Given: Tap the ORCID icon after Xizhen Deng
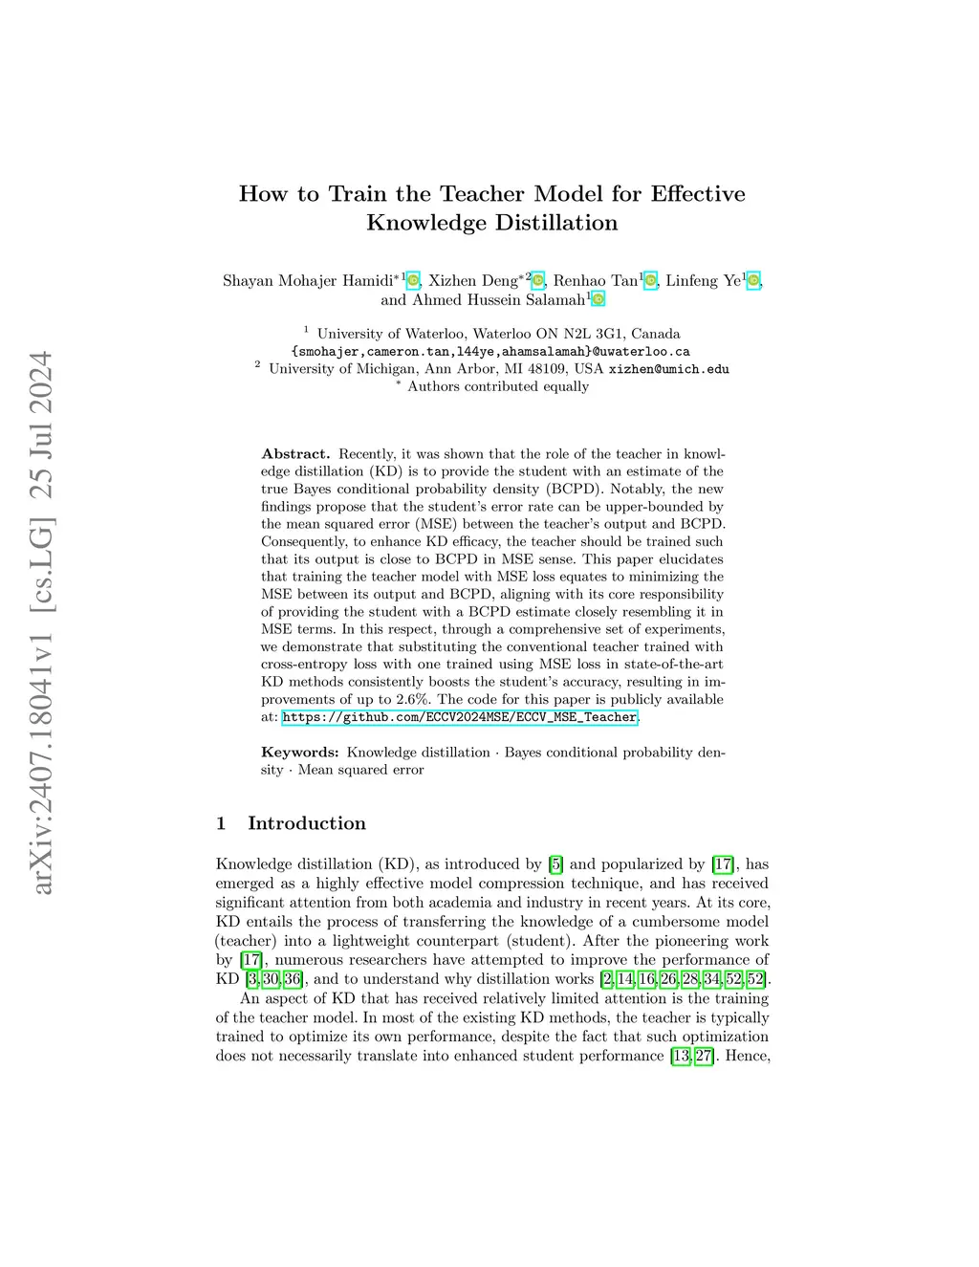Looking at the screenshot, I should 538,281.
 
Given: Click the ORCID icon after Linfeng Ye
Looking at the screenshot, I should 753,281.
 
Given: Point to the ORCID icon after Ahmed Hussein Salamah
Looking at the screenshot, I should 598,300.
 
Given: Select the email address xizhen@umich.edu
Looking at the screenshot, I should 668,369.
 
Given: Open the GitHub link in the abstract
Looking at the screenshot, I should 460,717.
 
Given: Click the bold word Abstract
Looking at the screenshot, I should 295,454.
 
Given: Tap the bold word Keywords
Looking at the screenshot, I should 299,753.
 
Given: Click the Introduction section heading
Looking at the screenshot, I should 306,823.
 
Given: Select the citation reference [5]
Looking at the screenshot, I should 555,864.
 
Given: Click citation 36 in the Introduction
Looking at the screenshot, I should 293,979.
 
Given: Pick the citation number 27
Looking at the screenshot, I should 704,1056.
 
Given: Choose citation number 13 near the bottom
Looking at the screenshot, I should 681,1056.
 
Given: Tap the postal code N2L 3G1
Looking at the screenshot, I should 591,335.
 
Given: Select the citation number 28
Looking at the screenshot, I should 690,979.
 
